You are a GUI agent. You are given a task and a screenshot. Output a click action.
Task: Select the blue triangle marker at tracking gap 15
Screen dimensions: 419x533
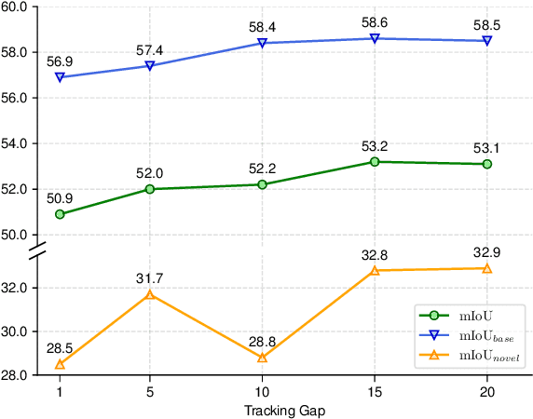point(375,38)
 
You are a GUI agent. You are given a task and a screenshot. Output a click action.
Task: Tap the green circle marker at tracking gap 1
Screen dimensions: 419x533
point(60,214)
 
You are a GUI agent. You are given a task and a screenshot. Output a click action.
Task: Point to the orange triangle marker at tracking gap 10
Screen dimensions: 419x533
point(262,358)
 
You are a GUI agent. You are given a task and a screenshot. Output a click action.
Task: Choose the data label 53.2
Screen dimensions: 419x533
point(375,144)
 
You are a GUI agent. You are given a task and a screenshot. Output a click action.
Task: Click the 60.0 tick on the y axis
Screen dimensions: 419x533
point(20,7)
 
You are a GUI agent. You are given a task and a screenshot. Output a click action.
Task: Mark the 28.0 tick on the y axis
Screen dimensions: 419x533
point(20,375)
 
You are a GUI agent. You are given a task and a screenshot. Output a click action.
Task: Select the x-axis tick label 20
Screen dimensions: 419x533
point(486,392)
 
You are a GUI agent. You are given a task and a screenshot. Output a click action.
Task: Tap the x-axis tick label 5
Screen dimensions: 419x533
point(149,392)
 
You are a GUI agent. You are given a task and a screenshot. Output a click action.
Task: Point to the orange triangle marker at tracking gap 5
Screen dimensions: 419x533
point(149,295)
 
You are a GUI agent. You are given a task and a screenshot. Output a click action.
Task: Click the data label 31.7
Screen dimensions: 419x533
point(149,277)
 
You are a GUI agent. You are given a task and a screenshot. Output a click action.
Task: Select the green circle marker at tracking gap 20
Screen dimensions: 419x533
point(486,164)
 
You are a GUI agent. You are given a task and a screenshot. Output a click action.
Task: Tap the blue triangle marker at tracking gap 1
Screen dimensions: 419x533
point(60,77)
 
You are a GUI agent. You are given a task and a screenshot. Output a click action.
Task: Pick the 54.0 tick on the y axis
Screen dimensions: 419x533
point(20,143)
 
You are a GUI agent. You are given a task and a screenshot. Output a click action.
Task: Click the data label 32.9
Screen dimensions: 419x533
point(486,250)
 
